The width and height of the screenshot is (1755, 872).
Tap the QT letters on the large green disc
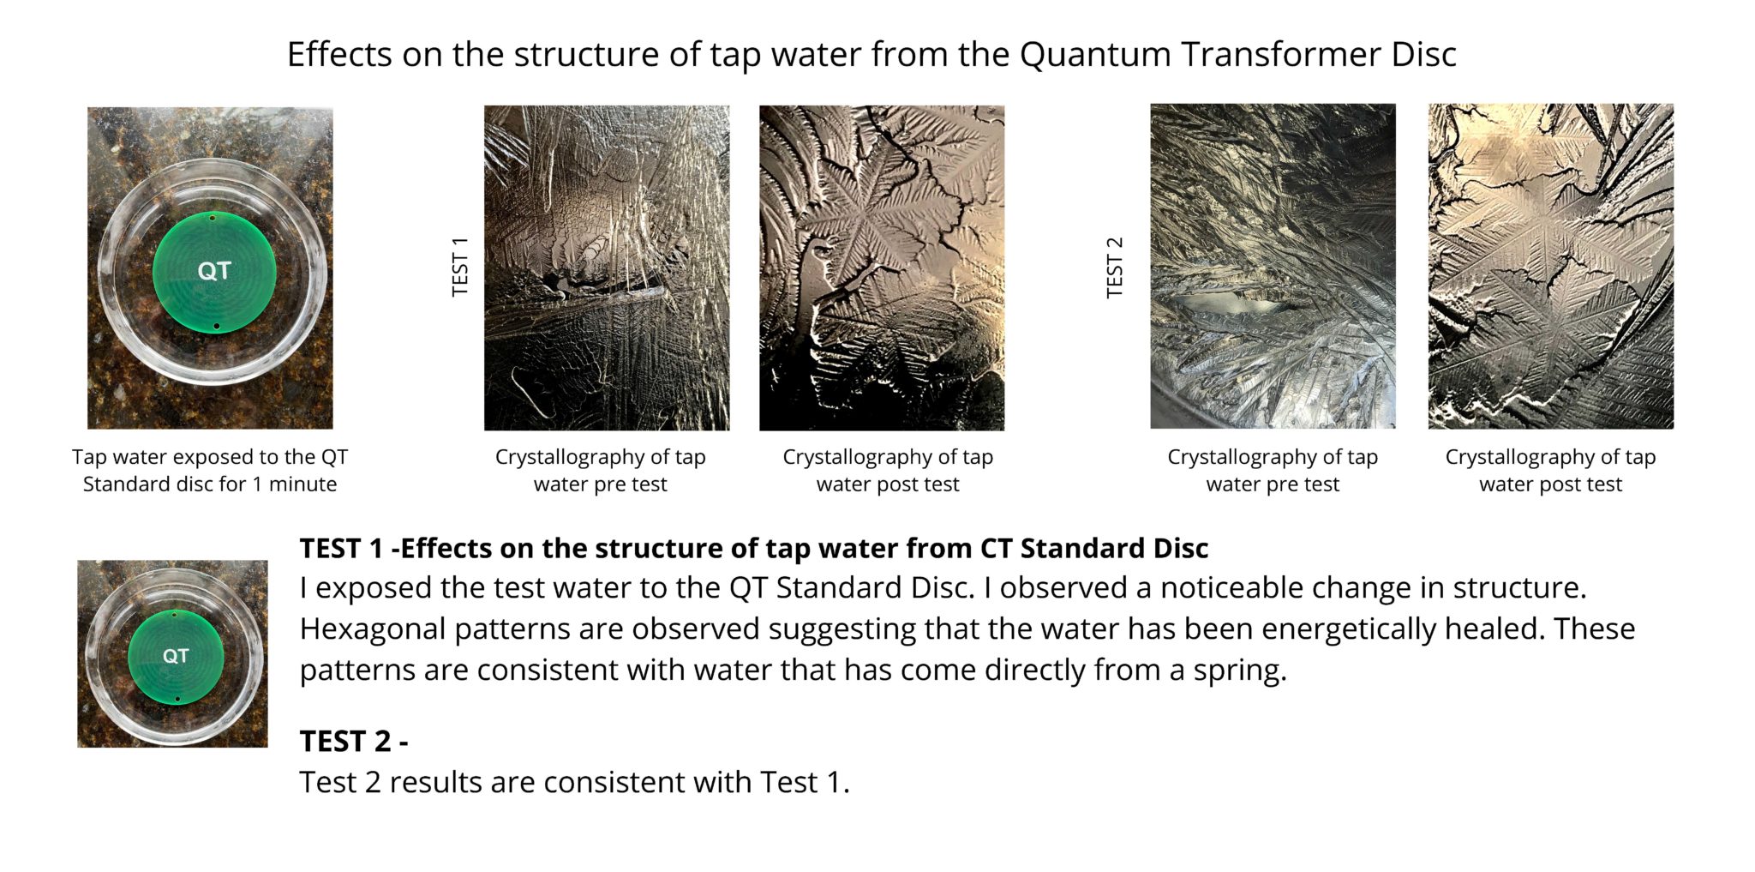pos(214,271)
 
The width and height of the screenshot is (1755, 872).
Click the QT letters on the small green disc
pos(176,656)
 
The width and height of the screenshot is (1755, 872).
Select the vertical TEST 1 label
pos(460,267)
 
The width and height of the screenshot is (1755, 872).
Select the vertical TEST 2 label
pos(1114,267)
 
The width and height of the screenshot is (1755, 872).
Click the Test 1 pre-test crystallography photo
pos(607,268)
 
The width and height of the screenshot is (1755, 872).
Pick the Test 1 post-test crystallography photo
pos(882,268)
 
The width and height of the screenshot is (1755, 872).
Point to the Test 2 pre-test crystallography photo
pos(1273,267)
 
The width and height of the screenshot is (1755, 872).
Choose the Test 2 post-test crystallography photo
pos(1550,267)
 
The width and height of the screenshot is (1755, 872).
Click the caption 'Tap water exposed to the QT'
pos(210,457)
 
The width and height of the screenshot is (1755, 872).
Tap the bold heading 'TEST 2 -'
pos(354,741)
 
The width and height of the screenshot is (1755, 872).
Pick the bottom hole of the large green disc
pos(217,327)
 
